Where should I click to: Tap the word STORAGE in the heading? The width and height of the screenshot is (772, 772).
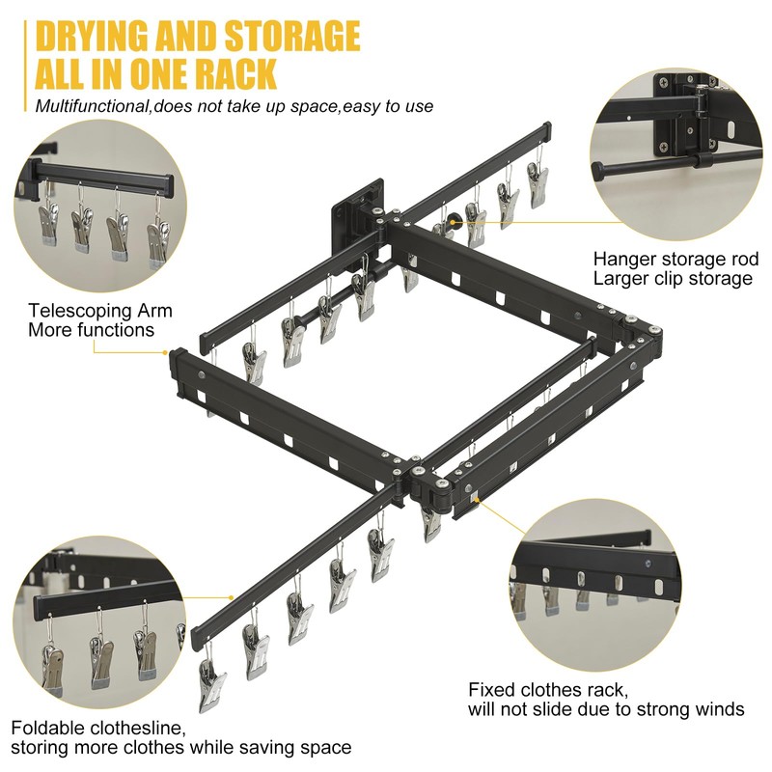pyautogui.click(x=292, y=37)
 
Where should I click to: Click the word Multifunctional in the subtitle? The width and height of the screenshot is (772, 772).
pyautogui.click(x=92, y=106)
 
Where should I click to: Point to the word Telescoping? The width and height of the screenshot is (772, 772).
pyautogui.click(x=76, y=311)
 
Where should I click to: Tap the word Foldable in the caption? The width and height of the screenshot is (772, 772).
pyautogui.click(x=43, y=728)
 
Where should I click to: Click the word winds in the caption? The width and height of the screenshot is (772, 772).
pyautogui.click(x=719, y=709)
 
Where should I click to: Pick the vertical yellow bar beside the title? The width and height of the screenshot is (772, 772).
pyautogui.click(x=25, y=66)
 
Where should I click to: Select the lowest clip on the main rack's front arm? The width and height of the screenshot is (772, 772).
pyautogui.click(x=211, y=679)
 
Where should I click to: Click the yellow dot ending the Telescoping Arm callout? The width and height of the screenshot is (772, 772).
pyautogui.click(x=165, y=352)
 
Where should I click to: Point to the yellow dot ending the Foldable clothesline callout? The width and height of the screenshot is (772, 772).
pyautogui.click(x=232, y=597)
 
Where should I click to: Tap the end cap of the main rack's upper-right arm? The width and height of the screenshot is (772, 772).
pyautogui.click(x=547, y=129)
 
